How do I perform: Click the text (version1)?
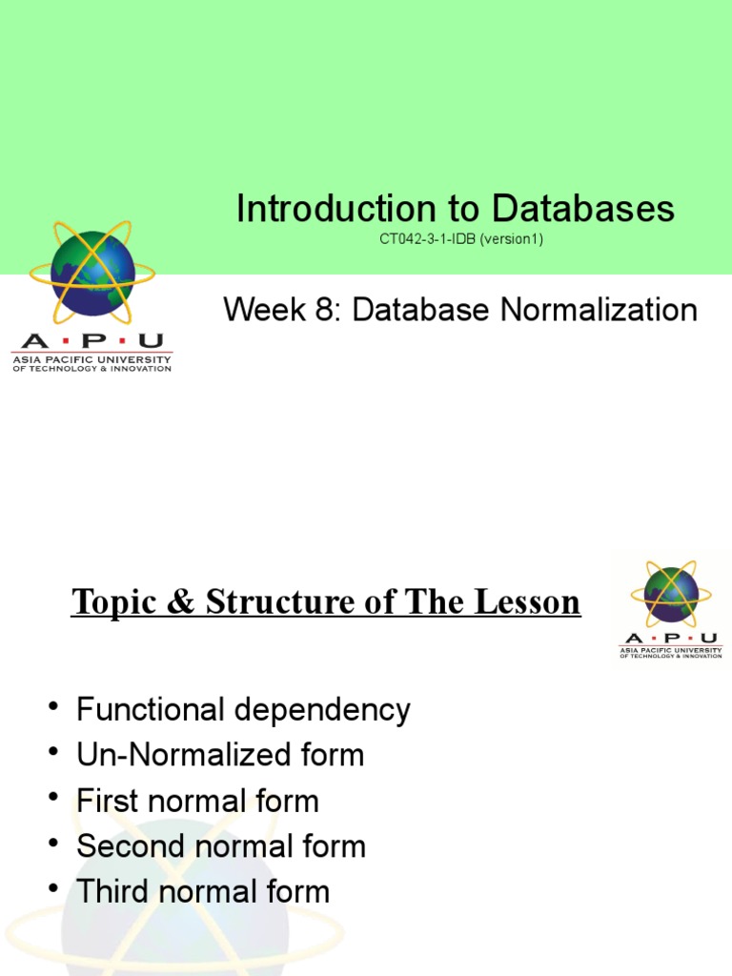(512, 239)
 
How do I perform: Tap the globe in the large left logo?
(92, 274)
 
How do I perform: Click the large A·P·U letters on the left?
(91, 342)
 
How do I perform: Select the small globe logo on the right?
(671, 594)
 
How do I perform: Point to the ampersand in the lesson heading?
(178, 602)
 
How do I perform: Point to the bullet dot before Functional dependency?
(51, 707)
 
